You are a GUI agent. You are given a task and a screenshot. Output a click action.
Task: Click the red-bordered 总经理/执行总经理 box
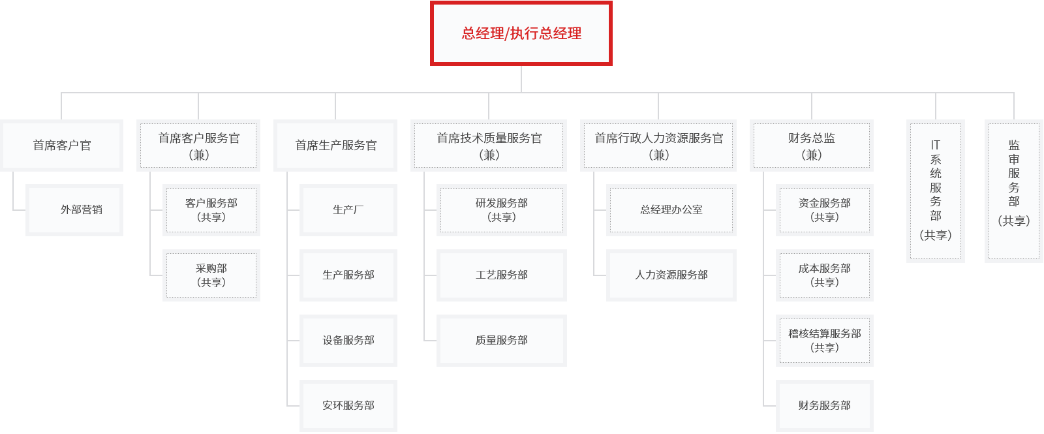click(x=521, y=33)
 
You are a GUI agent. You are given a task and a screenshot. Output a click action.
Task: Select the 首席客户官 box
click(x=62, y=146)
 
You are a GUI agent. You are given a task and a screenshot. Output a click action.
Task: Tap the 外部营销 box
click(x=74, y=210)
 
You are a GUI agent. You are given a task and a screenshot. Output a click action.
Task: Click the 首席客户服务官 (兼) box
click(x=198, y=146)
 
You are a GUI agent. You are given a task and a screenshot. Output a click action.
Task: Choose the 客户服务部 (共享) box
click(x=211, y=210)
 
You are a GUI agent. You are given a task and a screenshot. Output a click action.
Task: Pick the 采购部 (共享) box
click(x=211, y=275)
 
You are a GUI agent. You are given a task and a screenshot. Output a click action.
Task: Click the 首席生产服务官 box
click(x=335, y=146)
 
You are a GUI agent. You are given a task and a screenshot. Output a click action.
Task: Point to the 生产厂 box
click(x=348, y=210)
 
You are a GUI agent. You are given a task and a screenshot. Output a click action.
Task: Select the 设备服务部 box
click(x=348, y=341)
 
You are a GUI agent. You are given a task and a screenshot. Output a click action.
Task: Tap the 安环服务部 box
click(x=348, y=406)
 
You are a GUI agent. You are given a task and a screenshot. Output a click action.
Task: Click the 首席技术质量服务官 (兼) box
click(x=489, y=146)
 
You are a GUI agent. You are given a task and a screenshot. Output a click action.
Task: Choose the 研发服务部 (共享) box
click(x=502, y=210)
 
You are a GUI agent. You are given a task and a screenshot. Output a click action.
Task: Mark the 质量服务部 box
click(x=502, y=341)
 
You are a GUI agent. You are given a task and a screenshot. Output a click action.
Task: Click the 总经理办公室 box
click(x=671, y=210)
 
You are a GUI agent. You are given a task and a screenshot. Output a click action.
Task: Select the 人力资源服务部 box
click(x=671, y=275)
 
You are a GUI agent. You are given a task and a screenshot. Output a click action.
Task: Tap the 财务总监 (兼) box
click(x=812, y=146)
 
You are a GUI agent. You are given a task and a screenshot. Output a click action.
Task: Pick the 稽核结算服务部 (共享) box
click(x=825, y=341)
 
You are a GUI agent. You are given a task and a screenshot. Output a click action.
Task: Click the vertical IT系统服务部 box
click(x=936, y=191)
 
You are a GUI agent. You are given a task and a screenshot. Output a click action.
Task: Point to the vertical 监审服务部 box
click(x=1014, y=191)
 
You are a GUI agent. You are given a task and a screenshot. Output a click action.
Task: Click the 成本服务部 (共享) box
click(x=825, y=275)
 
